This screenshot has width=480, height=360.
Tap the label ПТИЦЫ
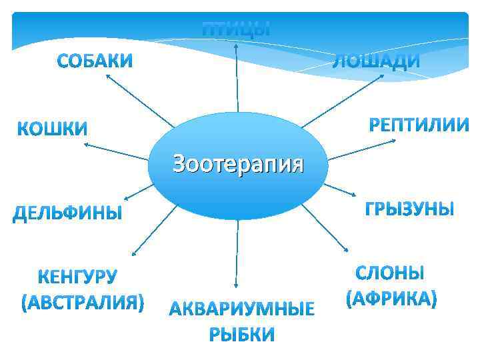pyautogui.click(x=237, y=29)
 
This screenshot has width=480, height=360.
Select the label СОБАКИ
pyautogui.click(x=95, y=61)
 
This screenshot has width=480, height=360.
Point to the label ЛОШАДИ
pyautogui.click(x=376, y=62)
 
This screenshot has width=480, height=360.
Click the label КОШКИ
pyautogui.click(x=52, y=128)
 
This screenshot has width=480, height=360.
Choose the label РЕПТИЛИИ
pyautogui.click(x=419, y=125)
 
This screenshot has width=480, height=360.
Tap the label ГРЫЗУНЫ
pyautogui.click(x=409, y=209)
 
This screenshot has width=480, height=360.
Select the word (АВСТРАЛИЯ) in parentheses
pyautogui.click(x=83, y=302)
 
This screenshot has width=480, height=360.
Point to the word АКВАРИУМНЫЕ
pyautogui.click(x=241, y=309)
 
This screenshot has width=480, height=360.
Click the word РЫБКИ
pyautogui.click(x=241, y=334)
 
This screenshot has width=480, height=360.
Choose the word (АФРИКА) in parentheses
pyautogui.click(x=391, y=297)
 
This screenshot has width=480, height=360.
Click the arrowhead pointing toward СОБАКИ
pyautogui.click(x=107, y=76)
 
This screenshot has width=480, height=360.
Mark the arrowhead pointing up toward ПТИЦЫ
pyautogui.click(x=236, y=45)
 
